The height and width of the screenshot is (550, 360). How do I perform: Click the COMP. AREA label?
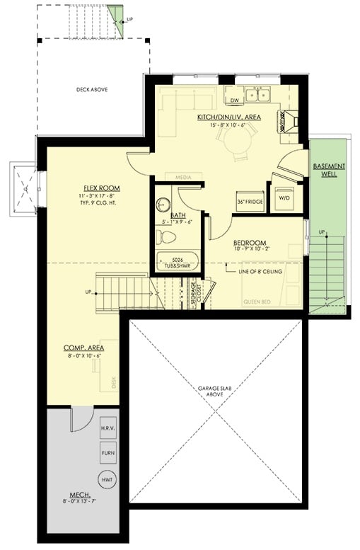[x=81, y=348]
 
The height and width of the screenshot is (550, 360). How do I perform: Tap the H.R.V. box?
[x=108, y=429]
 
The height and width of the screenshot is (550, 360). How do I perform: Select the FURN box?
[x=108, y=453]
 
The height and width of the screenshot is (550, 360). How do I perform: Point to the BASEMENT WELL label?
[x=329, y=170]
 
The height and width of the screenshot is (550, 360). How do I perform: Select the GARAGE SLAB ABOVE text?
[x=216, y=392]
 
